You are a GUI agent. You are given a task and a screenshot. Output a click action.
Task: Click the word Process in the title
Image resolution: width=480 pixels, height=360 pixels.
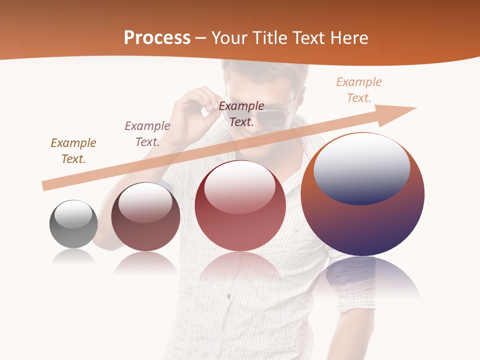(157, 38)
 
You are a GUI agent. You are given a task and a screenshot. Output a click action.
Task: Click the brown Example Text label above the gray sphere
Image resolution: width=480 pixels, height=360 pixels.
(73, 150)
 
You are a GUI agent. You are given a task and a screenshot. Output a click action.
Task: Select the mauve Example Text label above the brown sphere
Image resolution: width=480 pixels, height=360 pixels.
(147, 133)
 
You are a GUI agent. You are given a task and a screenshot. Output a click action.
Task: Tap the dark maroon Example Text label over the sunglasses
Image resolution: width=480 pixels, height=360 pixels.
(241, 113)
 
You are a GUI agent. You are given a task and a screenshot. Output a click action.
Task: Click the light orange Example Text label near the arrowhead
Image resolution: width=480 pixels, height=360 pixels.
(359, 89)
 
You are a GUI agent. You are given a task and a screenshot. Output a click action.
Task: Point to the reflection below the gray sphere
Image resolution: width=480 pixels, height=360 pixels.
(73, 257)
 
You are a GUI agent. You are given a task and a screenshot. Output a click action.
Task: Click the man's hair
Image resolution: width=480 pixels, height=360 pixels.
(265, 70)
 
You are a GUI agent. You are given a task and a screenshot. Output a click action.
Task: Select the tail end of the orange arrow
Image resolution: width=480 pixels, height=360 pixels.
(46, 185)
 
